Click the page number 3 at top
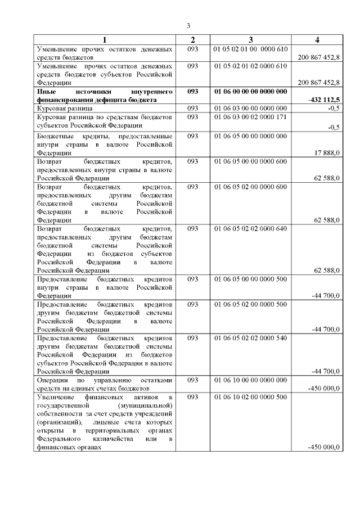(x=189, y=26)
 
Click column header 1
(x=104, y=39)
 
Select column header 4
(x=318, y=39)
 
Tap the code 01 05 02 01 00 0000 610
(x=251, y=49)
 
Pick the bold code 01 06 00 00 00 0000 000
(x=251, y=91)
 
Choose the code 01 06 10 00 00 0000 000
(x=251, y=380)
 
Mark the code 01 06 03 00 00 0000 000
(x=251, y=107)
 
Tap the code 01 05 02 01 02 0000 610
(x=251, y=66)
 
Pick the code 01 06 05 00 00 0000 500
(x=251, y=278)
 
